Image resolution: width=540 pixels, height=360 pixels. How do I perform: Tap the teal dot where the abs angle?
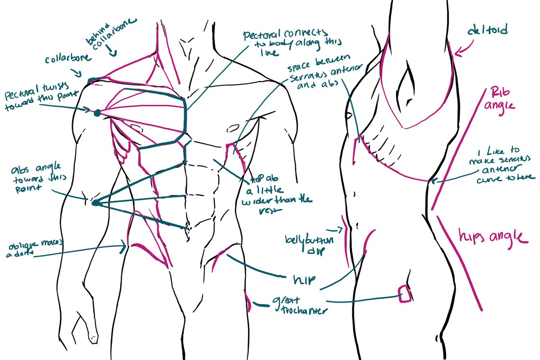pyautogui.click(x=95, y=203)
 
